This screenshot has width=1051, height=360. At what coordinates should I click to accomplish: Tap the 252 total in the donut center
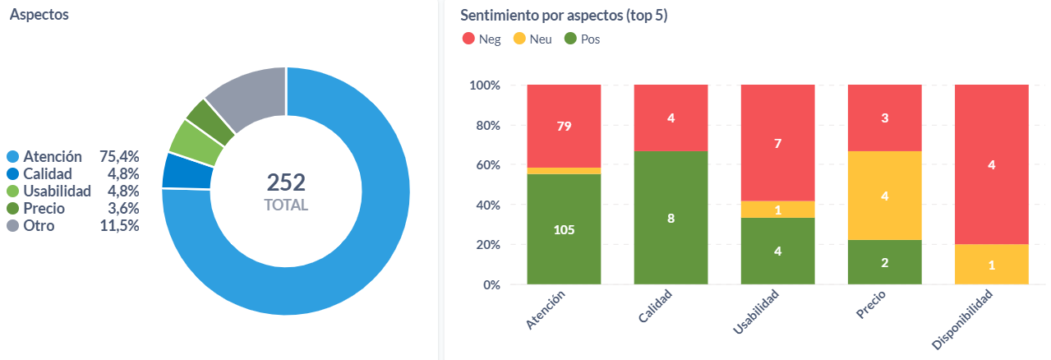286,182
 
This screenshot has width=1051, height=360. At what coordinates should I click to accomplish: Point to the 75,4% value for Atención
119,156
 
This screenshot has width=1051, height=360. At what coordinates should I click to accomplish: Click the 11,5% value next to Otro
119,225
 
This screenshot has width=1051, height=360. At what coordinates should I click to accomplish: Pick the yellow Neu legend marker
519,39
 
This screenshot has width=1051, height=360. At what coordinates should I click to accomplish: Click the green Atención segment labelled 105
564,229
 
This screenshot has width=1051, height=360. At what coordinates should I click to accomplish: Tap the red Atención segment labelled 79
564,126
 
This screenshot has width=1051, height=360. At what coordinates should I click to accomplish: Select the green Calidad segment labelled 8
671,218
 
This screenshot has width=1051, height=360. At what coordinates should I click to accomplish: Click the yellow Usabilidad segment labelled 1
777,210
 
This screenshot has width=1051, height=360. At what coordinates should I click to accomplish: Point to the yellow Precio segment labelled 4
884,196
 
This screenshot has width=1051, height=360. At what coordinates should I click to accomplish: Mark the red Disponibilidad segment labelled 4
991,164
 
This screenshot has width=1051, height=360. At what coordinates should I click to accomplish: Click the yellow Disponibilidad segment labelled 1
991,265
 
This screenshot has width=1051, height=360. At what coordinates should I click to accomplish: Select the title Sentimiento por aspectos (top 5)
563,16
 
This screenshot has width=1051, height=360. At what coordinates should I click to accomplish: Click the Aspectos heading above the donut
39,16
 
